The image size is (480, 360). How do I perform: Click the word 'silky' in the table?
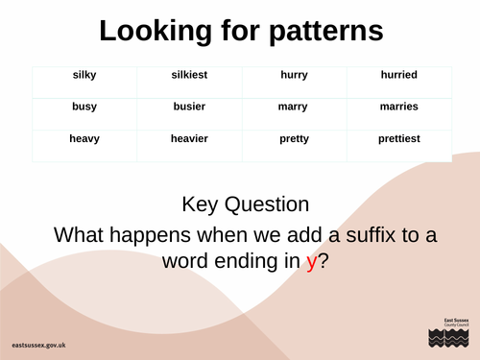[x=84, y=75]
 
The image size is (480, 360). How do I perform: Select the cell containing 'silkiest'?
[x=189, y=75]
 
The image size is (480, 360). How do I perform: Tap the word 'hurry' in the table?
[x=294, y=75]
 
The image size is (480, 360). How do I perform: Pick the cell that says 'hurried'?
[x=398, y=75]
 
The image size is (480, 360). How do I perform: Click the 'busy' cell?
[x=84, y=107]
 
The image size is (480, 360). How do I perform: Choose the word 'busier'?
[x=189, y=107]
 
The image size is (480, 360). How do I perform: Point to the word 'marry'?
[x=294, y=107]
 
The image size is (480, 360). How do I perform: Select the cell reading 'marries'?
[x=398, y=107]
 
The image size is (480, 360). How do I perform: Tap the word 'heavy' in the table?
[x=84, y=139]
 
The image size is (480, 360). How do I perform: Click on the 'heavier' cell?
[x=189, y=139]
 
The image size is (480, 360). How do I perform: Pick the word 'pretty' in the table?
[x=294, y=139]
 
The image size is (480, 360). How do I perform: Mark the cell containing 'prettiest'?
[x=398, y=139]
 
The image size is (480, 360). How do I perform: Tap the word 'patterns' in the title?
[x=317, y=32]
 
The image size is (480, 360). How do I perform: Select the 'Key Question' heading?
[x=246, y=204]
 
